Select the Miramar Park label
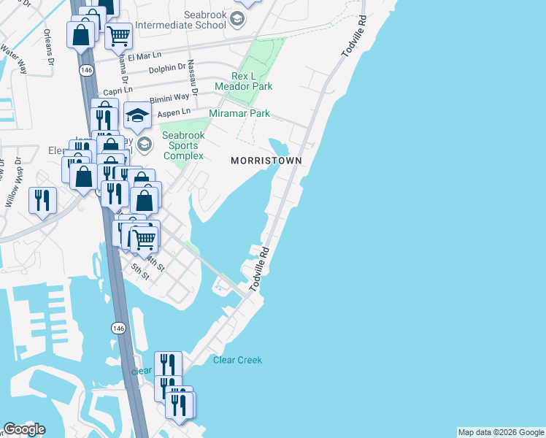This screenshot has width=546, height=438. tap(239, 113)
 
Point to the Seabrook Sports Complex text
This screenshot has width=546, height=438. tap(183, 145)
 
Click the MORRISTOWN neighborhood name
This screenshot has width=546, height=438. tap(266, 160)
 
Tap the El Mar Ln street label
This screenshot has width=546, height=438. tap(145, 56)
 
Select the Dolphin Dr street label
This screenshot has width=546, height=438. tap(166, 68)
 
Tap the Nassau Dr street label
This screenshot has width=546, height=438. tap(192, 74)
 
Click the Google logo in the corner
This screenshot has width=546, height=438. tap(24, 429)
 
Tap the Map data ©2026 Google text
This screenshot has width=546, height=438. tap(501, 432)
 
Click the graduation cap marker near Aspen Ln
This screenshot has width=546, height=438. tap(136, 115)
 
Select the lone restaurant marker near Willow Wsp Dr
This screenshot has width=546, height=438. tap(42, 199)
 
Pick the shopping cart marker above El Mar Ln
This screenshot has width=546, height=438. tap(118, 34)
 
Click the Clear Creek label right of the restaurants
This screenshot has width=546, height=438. tap(237, 360)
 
